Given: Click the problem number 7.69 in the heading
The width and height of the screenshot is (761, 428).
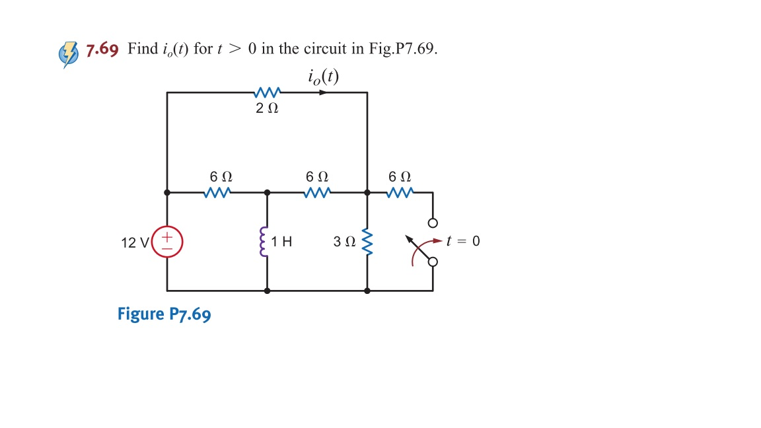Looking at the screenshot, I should pyautogui.click(x=102, y=50).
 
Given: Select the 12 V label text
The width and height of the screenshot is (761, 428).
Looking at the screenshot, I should pyautogui.click(x=135, y=242).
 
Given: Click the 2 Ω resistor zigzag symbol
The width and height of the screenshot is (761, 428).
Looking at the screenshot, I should pyautogui.click(x=268, y=92).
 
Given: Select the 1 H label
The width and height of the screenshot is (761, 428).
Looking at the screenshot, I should pyautogui.click(x=283, y=242).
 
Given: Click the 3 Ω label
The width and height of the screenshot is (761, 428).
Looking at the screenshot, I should pyautogui.click(x=344, y=242).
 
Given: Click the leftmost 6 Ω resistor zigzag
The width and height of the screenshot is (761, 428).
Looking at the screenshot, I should pyautogui.click(x=218, y=193).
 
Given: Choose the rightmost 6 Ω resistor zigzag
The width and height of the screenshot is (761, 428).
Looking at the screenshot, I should pyautogui.click(x=400, y=193).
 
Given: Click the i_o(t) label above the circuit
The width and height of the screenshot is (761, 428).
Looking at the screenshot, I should pyautogui.click(x=323, y=77).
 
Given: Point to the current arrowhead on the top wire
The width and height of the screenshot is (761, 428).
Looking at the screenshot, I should pyautogui.click(x=323, y=92).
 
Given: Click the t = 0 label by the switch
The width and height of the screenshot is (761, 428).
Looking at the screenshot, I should pyautogui.click(x=463, y=241).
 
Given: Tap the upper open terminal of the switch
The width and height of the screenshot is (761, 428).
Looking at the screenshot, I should pyautogui.click(x=433, y=222).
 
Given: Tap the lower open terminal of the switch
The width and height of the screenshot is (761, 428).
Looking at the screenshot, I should pyautogui.click(x=433, y=262).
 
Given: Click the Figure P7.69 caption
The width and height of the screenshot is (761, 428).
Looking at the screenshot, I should pyautogui.click(x=164, y=314).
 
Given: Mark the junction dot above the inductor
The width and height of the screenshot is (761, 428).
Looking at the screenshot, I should pyautogui.click(x=267, y=193).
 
